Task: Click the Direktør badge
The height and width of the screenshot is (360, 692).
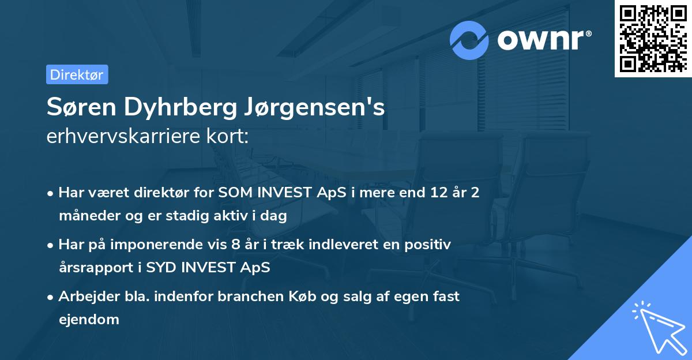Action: (77, 74)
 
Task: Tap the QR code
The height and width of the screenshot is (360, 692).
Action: (652, 38)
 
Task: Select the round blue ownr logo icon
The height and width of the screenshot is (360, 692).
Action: (469, 40)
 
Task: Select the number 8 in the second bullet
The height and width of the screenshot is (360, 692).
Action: (235, 245)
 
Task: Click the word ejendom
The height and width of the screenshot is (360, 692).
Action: (89, 319)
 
